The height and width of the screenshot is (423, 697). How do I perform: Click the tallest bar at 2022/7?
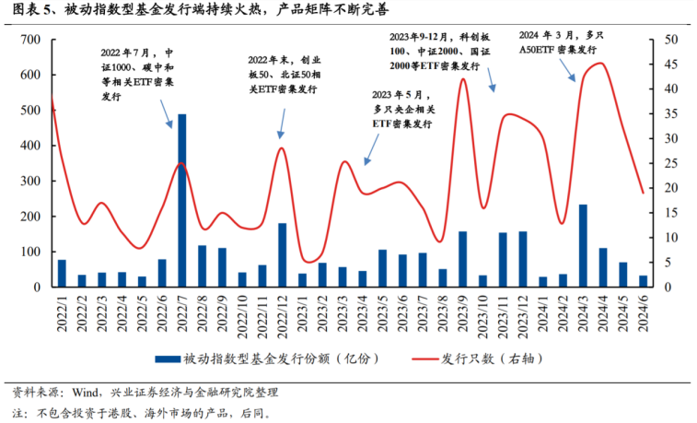181,200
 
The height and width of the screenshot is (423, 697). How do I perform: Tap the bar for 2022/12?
282,254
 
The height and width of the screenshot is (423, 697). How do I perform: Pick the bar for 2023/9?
462,259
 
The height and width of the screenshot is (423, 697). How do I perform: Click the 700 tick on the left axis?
31,40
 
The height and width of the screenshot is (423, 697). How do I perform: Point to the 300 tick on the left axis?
31,182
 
